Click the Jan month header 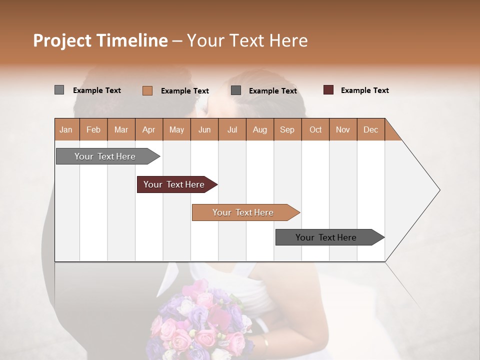click(x=66, y=130)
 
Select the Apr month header click(x=148, y=130)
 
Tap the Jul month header click(x=232, y=130)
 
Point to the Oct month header click(x=315, y=130)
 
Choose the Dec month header click(x=370, y=130)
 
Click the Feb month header click(x=93, y=130)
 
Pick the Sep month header click(x=287, y=130)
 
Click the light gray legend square click(x=59, y=90)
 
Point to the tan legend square click(x=147, y=90)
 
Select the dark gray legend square click(x=236, y=90)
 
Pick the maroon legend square click(x=328, y=90)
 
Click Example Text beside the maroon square click(x=364, y=90)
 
